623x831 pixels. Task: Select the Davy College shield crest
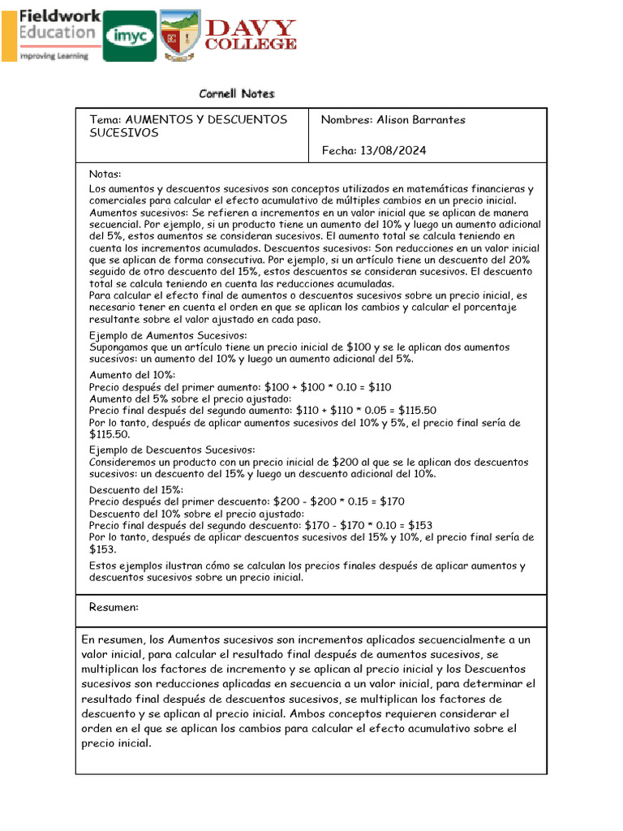click(x=179, y=35)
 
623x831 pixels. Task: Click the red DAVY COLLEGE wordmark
click(x=250, y=36)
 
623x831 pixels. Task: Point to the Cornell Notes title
click(x=237, y=94)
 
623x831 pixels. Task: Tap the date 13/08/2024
click(x=397, y=151)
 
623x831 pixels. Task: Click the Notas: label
click(x=105, y=174)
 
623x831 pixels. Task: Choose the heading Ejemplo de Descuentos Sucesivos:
click(x=172, y=450)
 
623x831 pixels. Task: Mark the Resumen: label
click(x=114, y=607)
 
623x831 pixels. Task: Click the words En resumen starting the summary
click(x=115, y=640)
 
